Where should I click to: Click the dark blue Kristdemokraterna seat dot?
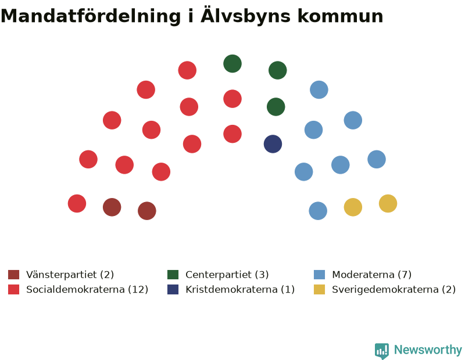coord(273,144)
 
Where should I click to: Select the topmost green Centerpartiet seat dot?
coord(233,64)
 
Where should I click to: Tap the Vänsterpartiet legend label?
coord(70,275)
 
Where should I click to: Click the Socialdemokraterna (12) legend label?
coord(87,289)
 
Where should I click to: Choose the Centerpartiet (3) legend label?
coord(227,275)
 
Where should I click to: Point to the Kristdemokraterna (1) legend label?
coord(240,289)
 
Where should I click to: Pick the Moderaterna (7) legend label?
coord(372,275)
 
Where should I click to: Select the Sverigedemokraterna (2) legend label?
coord(394,289)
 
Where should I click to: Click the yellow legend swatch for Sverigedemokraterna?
coord(319,290)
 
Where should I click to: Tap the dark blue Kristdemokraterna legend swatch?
coord(173,290)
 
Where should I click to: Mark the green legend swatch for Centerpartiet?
coord(173,275)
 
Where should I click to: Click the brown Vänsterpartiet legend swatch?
coord(13,275)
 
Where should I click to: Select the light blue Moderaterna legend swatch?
coord(319,275)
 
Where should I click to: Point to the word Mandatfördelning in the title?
coord(91,16)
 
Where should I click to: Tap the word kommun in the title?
coord(341,16)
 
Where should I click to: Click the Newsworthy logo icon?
coord(382,351)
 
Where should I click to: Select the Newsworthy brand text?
coord(428,350)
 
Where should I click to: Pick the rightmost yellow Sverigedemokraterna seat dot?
coord(388,204)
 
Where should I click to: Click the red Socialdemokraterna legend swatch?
coord(13,290)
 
